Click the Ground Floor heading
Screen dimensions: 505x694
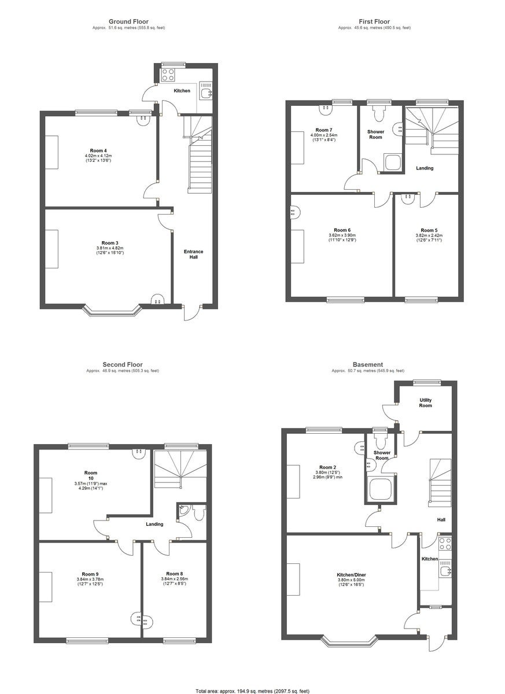click(x=128, y=22)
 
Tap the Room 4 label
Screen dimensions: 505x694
click(x=98, y=151)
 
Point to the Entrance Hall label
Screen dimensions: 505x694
click(x=194, y=254)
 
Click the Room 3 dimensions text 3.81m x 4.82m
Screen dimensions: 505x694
click(x=110, y=248)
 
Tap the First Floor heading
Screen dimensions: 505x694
click(x=374, y=22)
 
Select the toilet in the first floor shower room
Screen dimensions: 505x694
click(x=379, y=114)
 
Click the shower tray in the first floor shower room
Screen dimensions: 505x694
click(x=393, y=161)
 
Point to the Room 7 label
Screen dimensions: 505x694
click(x=324, y=130)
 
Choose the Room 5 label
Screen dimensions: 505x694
click(x=429, y=230)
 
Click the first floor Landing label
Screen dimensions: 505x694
click(x=425, y=168)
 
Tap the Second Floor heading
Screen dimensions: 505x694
click(x=123, y=365)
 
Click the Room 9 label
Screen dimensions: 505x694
click(x=90, y=574)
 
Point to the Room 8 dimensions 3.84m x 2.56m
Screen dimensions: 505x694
click(x=175, y=579)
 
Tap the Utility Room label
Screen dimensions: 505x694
click(x=425, y=403)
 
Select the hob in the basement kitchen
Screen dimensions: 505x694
click(x=445, y=544)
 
